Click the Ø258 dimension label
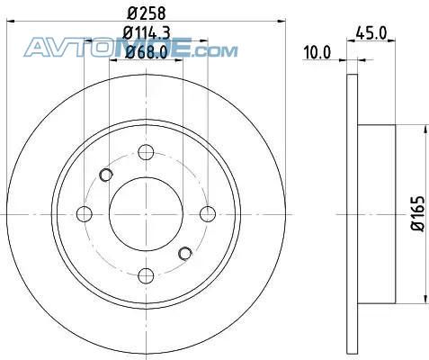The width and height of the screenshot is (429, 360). coord(146,13)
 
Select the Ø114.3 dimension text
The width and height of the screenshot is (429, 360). coord(147,33)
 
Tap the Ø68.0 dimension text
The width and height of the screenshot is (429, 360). coord(146,52)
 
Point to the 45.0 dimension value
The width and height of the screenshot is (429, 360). coord(371,33)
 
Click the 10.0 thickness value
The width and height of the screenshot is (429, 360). coord(317,52)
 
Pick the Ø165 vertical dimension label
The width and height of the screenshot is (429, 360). coord(417,213)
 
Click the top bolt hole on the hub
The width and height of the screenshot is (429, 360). coord(146,152)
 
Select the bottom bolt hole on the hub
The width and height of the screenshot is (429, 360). coord(146,275)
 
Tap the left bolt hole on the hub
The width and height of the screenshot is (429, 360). coord(85,214)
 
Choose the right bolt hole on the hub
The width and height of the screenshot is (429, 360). coord(208,214)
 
